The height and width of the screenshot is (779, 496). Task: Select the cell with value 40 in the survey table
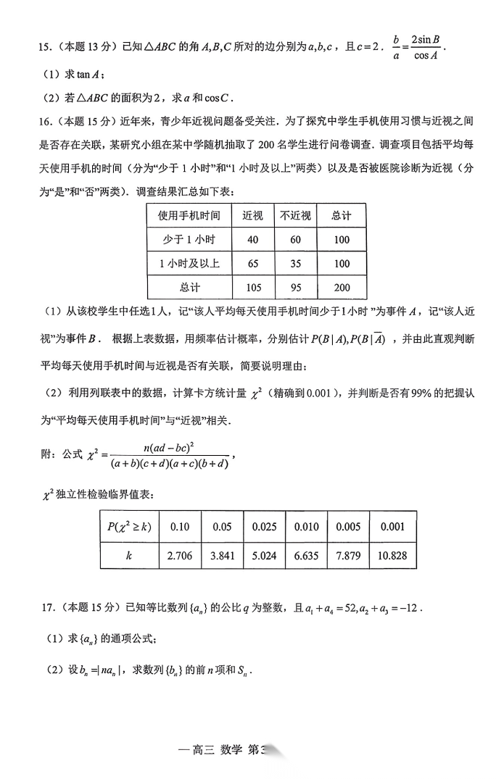(x=253, y=239)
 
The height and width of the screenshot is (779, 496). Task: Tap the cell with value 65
(x=253, y=264)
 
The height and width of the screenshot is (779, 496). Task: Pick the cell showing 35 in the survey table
(x=296, y=264)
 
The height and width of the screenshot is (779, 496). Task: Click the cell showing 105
(x=253, y=288)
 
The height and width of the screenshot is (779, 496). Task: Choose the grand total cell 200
(x=342, y=288)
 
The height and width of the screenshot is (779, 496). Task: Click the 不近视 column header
(x=296, y=215)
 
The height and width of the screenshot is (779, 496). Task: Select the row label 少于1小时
(x=190, y=239)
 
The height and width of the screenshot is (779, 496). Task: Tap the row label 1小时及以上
(x=190, y=264)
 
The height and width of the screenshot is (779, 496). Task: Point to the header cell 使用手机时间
(x=190, y=215)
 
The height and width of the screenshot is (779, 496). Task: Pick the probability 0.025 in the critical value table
(x=264, y=527)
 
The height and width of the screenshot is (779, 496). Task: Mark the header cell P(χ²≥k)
(x=129, y=527)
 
